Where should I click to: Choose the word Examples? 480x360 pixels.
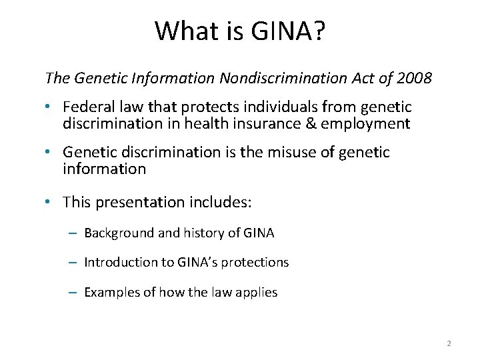point(111,292)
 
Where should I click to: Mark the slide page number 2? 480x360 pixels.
point(449,343)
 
